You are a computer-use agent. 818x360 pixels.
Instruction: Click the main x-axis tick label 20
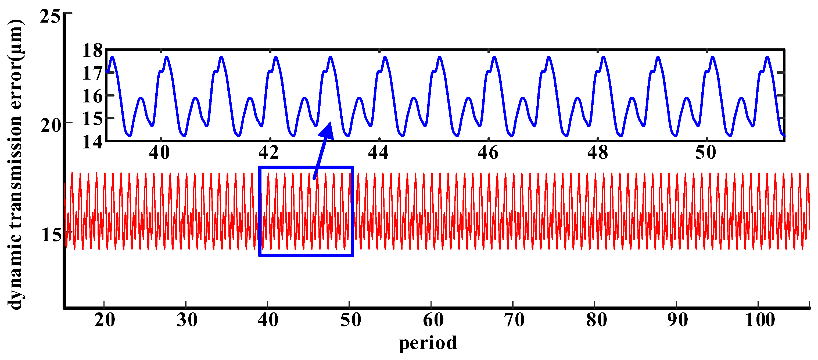coord(105,320)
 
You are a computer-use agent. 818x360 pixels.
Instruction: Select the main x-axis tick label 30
coord(187,320)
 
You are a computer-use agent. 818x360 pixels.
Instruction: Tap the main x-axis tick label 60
coord(433,320)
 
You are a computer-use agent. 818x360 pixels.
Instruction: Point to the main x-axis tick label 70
coord(514,320)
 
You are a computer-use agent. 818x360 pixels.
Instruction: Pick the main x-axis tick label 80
coord(597,320)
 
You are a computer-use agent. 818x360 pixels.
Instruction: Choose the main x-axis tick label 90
coord(678,320)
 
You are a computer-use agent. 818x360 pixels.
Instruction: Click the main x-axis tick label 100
coord(760,320)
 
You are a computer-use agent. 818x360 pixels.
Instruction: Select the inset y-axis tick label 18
coord(93,50)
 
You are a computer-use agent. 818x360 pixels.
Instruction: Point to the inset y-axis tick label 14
coord(93,142)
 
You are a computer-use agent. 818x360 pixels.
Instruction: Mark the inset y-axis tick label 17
coord(93,73)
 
